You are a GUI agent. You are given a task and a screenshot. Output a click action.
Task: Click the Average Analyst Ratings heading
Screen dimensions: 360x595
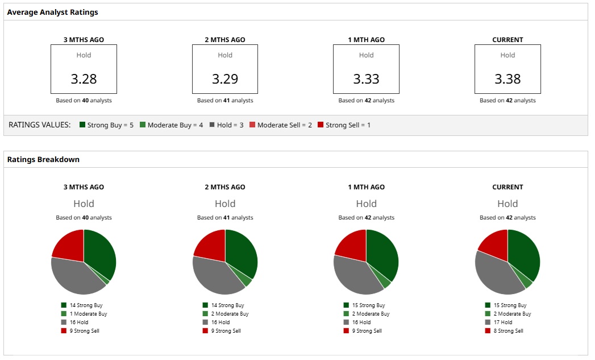52,12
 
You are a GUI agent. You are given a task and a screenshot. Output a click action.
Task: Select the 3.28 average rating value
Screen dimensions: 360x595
84,79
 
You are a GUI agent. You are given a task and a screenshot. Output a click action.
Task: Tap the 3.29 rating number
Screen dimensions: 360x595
225,79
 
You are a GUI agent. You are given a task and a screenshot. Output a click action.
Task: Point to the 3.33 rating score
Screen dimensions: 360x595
366,79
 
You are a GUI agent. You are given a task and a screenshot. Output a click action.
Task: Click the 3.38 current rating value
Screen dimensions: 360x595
507,79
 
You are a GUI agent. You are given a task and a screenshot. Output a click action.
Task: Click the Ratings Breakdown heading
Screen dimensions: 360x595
43,160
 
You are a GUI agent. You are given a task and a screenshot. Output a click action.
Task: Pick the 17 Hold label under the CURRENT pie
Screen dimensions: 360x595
502,322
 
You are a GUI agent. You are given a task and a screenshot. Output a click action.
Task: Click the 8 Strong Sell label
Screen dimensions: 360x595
507,331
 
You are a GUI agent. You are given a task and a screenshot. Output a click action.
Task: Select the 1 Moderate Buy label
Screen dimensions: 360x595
88,314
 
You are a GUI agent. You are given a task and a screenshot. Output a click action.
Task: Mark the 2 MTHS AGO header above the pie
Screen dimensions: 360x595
225,187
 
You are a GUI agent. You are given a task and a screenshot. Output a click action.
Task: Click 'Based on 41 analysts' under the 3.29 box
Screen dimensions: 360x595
225,101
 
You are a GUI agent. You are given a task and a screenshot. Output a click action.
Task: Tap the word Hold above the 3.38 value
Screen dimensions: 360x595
507,55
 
